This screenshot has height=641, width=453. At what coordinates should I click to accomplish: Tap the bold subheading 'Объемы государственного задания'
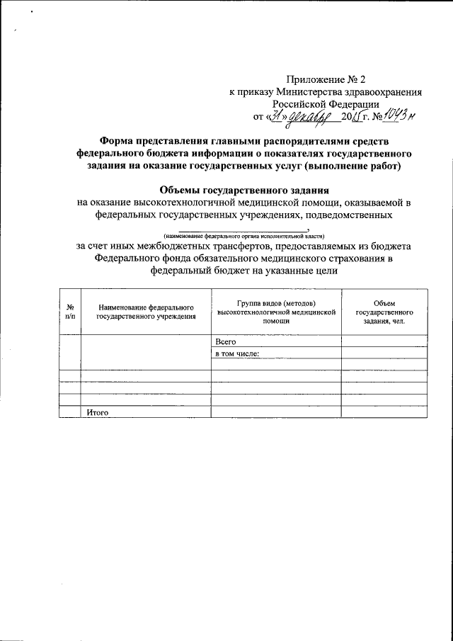tap(243, 190)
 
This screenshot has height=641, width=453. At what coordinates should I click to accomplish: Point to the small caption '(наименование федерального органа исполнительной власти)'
tap(243, 235)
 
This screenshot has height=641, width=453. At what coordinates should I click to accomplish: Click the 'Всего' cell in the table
tap(225, 341)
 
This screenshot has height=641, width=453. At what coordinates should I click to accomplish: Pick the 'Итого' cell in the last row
tap(96, 412)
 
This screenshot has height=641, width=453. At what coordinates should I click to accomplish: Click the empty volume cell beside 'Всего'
tap(384, 341)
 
